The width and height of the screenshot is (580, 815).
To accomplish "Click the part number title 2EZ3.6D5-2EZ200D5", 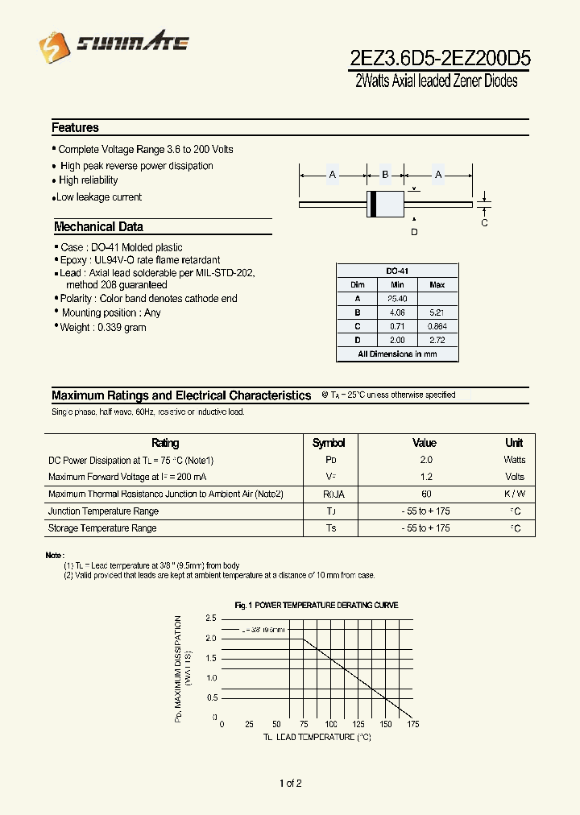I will [439, 59].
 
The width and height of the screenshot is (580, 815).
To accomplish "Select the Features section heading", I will [75, 128].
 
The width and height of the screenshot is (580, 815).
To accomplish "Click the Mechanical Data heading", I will [98, 227].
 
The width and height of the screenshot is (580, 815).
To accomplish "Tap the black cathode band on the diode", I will [373, 205].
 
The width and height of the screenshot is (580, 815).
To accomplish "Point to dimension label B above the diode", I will [385, 175].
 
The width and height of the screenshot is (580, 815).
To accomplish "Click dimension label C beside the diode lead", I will [484, 223].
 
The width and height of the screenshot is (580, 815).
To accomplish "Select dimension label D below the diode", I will [414, 233].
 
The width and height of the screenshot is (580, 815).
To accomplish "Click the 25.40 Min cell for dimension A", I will [397, 299].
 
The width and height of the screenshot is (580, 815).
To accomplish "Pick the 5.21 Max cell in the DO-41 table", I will [437, 312].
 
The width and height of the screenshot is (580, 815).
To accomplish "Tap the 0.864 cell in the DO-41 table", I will [437, 326].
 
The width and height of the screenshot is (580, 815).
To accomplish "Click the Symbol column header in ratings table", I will [329, 443].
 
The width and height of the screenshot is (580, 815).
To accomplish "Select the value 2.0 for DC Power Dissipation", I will [425, 460].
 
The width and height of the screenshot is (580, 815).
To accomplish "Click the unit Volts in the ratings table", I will [514, 477].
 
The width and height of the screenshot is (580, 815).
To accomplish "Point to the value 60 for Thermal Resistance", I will [425, 494].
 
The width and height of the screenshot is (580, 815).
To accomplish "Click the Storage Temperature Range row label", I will [102, 528].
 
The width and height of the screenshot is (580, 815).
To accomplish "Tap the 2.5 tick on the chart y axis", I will [211, 618].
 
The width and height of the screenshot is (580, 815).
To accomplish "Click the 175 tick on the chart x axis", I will [413, 725].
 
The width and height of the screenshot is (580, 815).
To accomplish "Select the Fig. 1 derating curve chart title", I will [316, 605].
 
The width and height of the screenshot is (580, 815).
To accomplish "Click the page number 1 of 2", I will [290, 784].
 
